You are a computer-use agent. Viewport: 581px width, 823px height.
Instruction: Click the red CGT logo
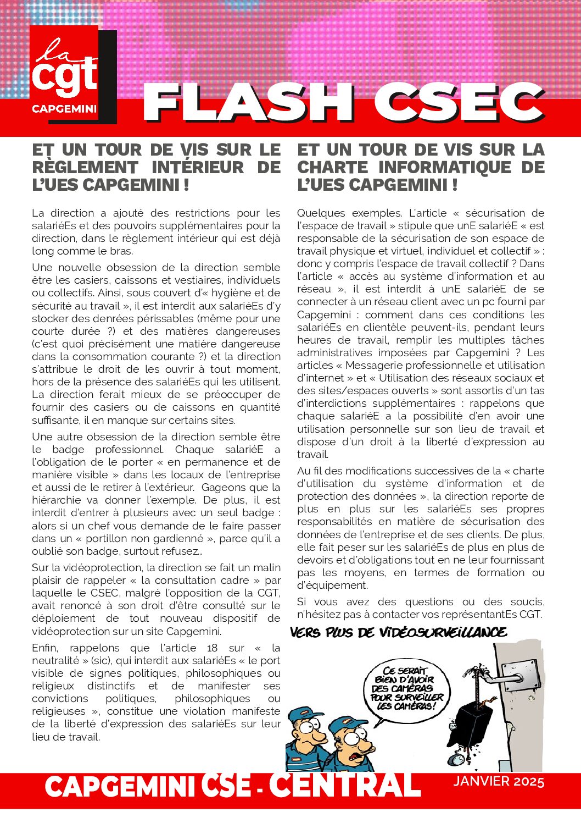[65, 74]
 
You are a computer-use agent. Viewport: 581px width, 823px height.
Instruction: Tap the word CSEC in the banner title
[459, 103]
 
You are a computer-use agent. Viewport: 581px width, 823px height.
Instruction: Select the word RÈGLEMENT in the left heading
[85, 167]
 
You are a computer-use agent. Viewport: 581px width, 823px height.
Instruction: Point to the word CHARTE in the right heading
[333, 167]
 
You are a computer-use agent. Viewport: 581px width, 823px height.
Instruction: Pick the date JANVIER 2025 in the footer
[499, 781]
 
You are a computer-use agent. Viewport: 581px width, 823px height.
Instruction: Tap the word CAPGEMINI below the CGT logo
[64, 109]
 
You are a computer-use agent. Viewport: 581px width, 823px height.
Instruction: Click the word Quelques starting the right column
[321, 213]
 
